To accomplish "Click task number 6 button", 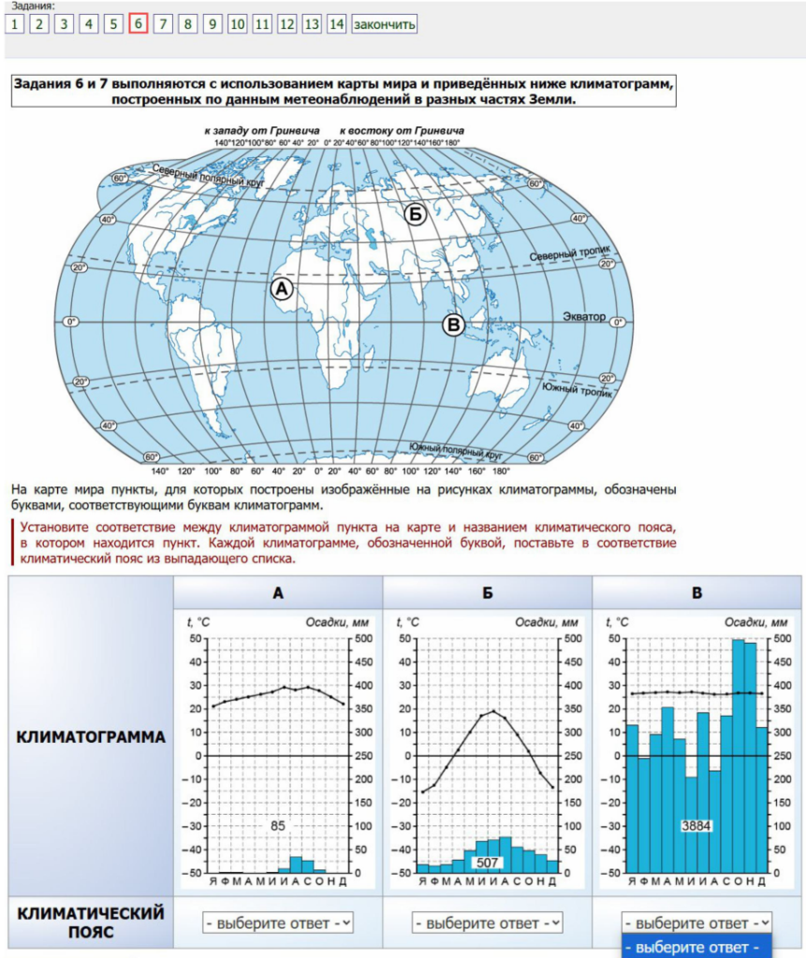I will (x=139, y=24).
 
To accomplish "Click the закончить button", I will (x=384, y=24).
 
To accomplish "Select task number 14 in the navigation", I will (x=336, y=24).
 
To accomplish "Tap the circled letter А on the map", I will (x=282, y=289).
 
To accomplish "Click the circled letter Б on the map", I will (x=416, y=215).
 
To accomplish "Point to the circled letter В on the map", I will (x=453, y=325).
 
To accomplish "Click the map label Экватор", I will (x=585, y=317).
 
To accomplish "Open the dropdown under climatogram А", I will (x=278, y=922).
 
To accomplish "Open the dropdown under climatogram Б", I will (x=488, y=922).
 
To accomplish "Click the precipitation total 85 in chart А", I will (x=277, y=826).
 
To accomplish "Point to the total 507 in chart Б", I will (x=488, y=863).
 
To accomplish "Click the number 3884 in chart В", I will (x=696, y=826).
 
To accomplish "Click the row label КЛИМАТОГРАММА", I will (x=91, y=737).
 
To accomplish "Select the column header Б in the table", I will (x=488, y=592).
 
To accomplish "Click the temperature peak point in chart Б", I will (x=494, y=711).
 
